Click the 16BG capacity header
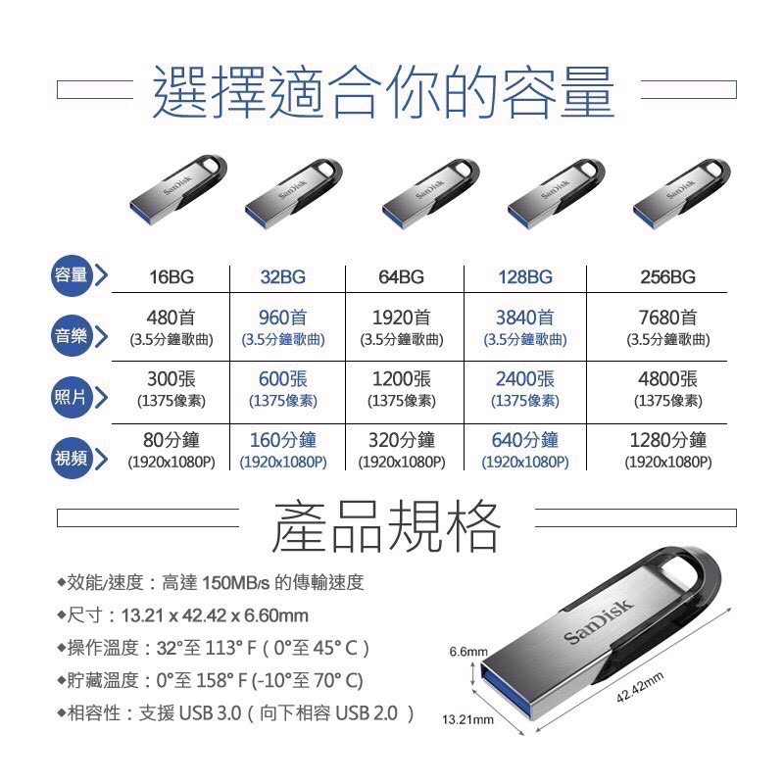tap(171, 277)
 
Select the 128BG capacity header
tap(525, 277)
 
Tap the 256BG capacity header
tap(667, 277)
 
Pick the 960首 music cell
tap(283, 318)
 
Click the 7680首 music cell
tap(668, 318)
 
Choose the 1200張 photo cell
tap(402, 379)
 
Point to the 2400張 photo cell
tap(525, 379)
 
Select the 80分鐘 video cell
tap(171, 440)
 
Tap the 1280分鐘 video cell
tap(668, 440)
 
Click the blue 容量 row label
tap(72, 276)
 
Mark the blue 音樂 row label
tap(72, 337)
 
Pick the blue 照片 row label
tap(72, 397)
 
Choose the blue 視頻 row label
tap(72, 459)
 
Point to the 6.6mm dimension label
tap(467, 652)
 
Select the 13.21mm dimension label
tap(466, 720)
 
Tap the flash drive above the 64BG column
tap(428, 192)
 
